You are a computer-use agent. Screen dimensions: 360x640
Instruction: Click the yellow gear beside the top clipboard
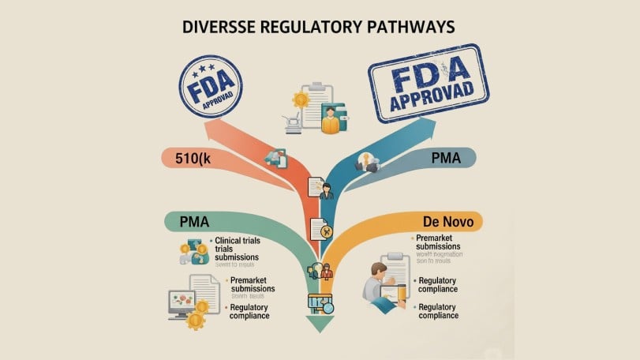coord(301,100)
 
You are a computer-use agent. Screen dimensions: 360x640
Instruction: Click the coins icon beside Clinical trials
coord(192,252)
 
